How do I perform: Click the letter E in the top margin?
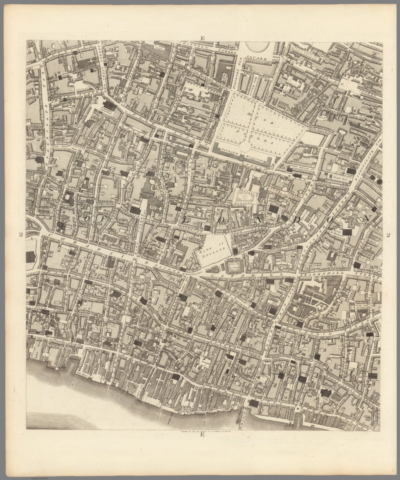pos(203,38)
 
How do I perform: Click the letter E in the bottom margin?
pos(203,435)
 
